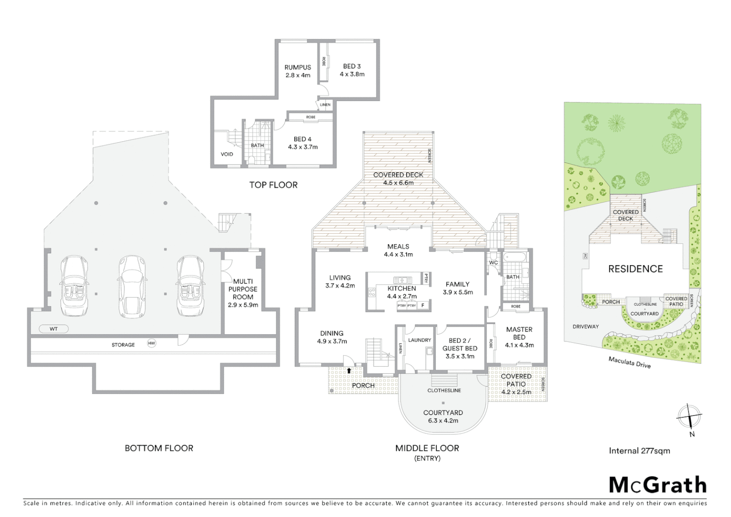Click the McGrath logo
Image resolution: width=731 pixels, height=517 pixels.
657,485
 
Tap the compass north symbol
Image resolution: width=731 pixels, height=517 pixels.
689,416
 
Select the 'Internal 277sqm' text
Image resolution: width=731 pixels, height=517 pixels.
639,450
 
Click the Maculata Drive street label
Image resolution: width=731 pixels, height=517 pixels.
629,363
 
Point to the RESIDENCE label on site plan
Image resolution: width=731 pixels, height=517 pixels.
635,269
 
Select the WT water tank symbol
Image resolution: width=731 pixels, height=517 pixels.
53,329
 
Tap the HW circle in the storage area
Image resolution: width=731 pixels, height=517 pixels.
152,343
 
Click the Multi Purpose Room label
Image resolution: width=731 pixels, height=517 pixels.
243,293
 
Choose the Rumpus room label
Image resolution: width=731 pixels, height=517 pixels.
298,71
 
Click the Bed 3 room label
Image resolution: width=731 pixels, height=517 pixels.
352,70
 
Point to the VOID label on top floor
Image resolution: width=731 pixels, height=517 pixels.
227,154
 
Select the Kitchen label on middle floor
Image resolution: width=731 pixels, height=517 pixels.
401,292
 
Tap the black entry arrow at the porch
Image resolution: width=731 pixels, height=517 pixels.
349,370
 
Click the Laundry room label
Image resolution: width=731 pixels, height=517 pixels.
419,340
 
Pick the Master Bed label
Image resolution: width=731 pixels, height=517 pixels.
519,337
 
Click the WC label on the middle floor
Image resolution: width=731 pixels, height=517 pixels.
493,262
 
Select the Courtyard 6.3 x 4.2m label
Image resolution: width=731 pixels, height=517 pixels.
443,416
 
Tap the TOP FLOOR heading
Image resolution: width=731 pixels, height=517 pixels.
273,185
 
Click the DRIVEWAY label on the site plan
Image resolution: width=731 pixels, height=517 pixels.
586,326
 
